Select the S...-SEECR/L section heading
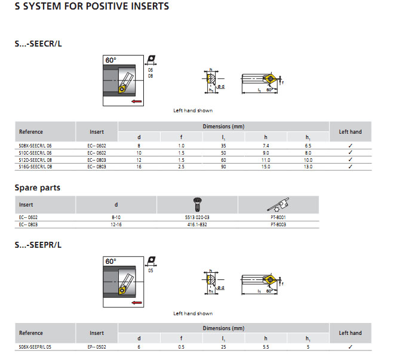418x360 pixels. pyautogui.click(x=38, y=44)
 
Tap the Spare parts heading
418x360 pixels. pyautogui.click(x=38, y=187)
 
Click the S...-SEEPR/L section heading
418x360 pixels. pyautogui.click(x=38, y=245)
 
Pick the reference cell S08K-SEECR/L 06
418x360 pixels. pyautogui.click(x=36, y=146)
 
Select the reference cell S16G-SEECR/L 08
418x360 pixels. pyautogui.click(x=36, y=167)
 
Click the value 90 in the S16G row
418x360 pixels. pyautogui.click(x=224, y=167)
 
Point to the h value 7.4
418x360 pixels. pyautogui.click(x=266, y=146)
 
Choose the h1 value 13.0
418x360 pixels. pyautogui.click(x=308, y=167)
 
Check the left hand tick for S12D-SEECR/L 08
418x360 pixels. pyautogui.click(x=351, y=160)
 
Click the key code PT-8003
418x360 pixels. pyautogui.click(x=279, y=224)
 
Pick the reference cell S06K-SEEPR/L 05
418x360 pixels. pyautogui.click(x=35, y=347)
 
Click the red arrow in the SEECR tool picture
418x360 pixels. pyautogui.click(x=137, y=103)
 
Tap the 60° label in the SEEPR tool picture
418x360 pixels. pyautogui.click(x=110, y=261)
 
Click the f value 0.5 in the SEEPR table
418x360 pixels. pyautogui.click(x=182, y=347)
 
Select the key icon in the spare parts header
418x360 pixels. pyautogui.click(x=279, y=204)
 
